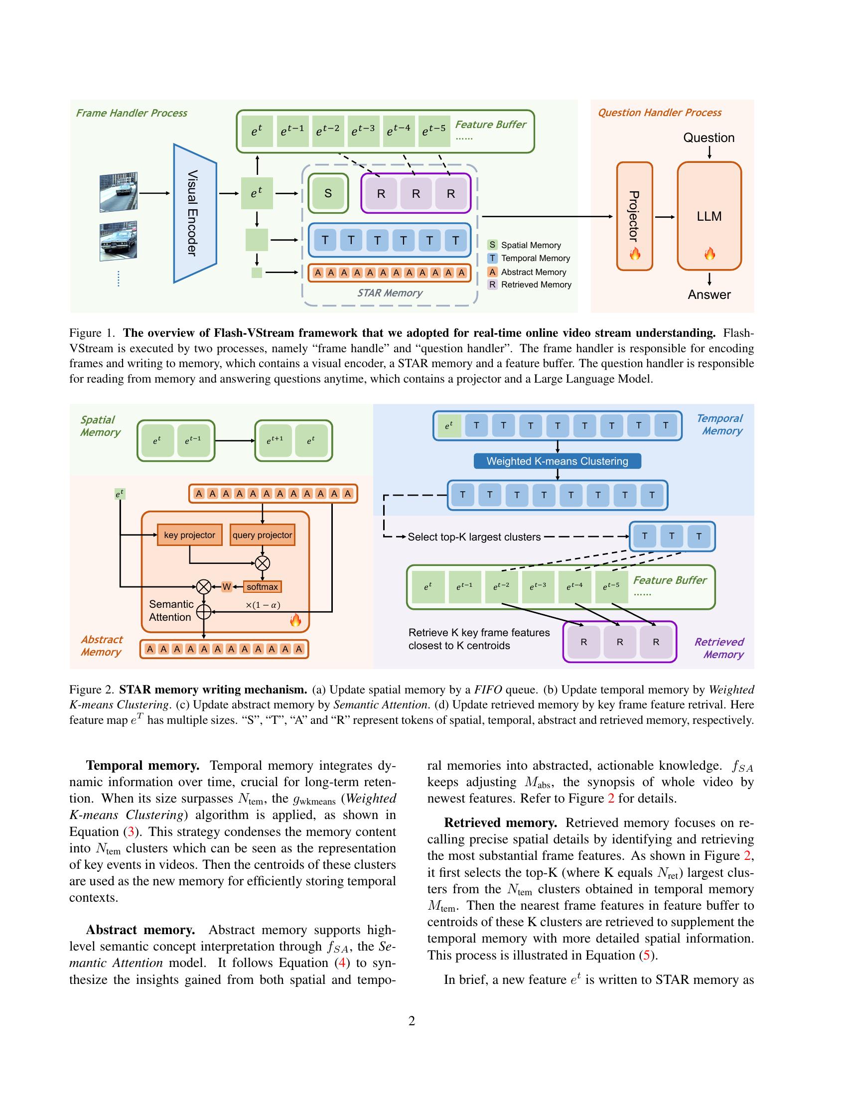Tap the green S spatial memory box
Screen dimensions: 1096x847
[328, 193]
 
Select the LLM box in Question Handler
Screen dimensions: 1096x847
[708, 216]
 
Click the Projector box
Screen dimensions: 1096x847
[634, 216]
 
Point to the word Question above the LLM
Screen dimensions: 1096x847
[708, 137]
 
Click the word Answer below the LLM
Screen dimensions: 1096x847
[708, 294]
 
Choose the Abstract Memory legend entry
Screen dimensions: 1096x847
[527, 272]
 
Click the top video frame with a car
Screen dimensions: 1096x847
[119, 192]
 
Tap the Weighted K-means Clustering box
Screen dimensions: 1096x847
[557, 461]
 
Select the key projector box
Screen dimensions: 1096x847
[189, 535]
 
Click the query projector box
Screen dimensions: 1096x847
[262, 535]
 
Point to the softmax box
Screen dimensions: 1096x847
[262, 587]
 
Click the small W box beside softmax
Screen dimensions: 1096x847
[227, 587]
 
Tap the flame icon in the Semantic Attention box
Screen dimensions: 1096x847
[295, 621]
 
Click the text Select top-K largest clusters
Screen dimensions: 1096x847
[474, 537]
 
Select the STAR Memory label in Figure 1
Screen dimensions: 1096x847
[390, 292]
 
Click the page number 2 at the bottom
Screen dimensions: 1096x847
[412, 1021]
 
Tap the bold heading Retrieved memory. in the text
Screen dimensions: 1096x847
[500, 823]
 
